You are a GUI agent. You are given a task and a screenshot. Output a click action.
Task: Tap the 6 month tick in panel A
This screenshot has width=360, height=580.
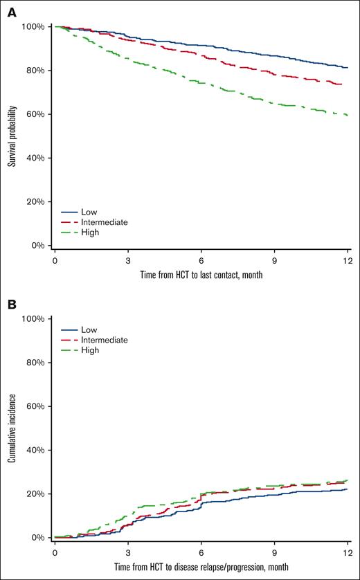click(201, 260)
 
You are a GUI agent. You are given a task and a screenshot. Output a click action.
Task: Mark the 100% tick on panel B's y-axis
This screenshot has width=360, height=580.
click(33, 319)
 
